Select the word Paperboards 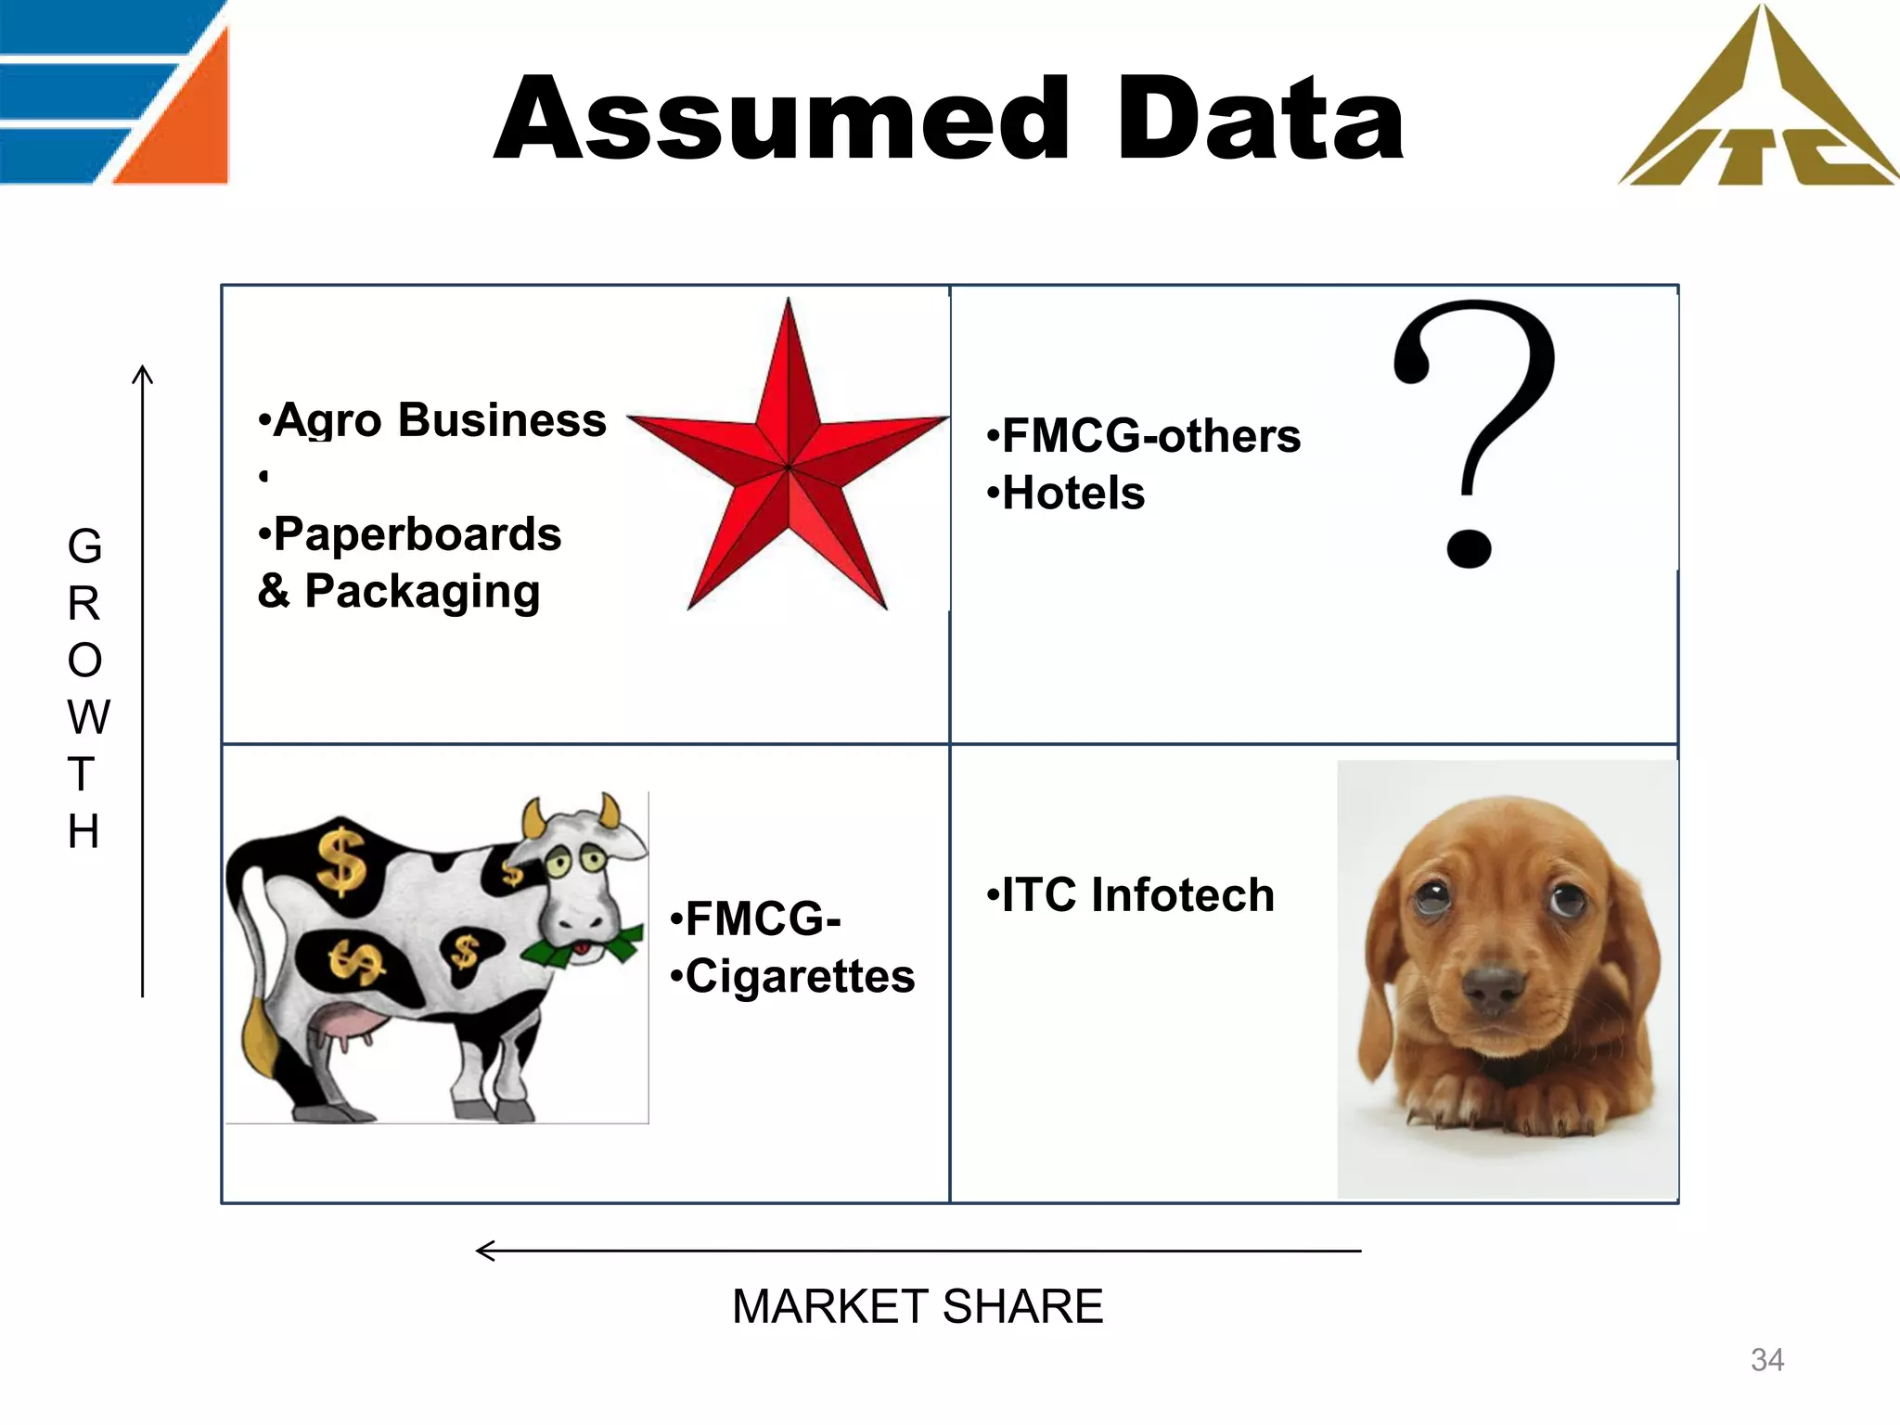tap(417, 534)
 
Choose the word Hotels tap(1073, 494)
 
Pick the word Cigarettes tap(800, 977)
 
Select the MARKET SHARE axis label tap(918, 1306)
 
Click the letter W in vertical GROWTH tap(88, 717)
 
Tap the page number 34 tap(1766, 1360)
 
